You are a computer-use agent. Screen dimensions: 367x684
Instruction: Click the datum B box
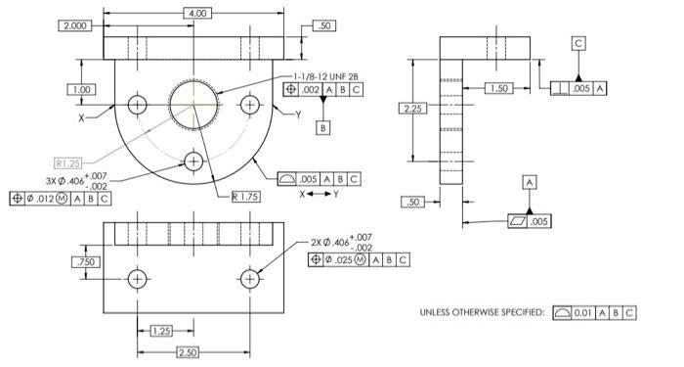[323, 127]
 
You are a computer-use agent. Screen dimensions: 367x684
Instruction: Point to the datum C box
[579, 44]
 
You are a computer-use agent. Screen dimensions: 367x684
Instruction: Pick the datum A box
[530, 183]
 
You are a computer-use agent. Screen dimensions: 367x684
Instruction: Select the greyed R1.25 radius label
[68, 162]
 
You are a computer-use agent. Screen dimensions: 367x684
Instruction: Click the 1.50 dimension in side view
[499, 89]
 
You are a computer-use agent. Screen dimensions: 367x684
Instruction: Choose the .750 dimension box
[85, 262]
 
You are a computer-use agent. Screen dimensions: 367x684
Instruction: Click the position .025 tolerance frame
[359, 259]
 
